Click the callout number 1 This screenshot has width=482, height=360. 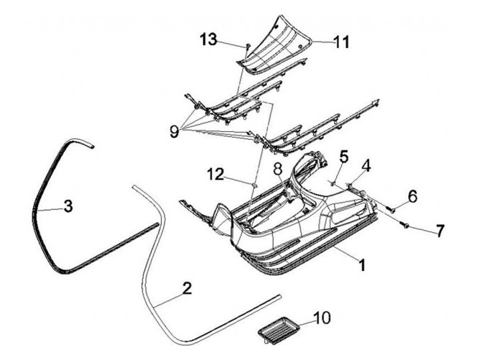[361, 265]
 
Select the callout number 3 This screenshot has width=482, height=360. [68, 206]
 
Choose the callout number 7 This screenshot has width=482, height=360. [439, 232]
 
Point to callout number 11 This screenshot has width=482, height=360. [341, 42]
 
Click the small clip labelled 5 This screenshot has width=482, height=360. [333, 181]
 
